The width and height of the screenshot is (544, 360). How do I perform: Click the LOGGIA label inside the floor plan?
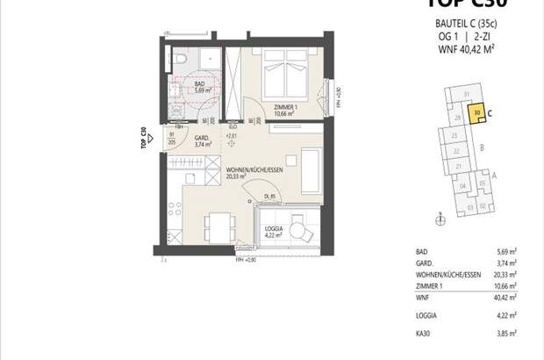click(x=276, y=231)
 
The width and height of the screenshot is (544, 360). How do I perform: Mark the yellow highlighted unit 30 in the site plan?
click(x=477, y=113)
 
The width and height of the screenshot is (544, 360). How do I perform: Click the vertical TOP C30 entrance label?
click(x=142, y=140)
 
